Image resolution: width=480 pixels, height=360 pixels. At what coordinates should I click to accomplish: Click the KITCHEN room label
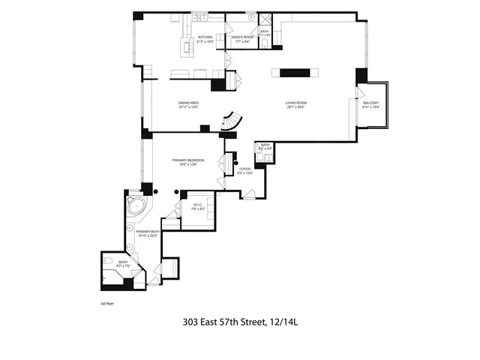205,37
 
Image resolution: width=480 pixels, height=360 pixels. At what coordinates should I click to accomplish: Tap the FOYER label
245,169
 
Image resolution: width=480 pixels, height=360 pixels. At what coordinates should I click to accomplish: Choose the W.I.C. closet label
199,205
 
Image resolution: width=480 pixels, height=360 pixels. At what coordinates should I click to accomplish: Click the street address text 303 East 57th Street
224,324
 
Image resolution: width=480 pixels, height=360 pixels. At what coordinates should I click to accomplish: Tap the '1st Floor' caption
107,304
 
